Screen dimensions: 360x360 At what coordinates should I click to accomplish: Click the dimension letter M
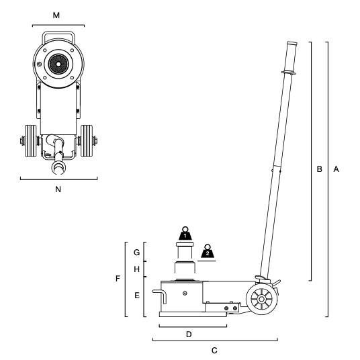56,15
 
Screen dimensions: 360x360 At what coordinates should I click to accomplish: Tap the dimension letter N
58,189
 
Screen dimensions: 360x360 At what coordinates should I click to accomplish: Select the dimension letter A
336,169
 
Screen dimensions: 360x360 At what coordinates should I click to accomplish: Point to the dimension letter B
319,169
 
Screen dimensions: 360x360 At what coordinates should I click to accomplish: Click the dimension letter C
214,351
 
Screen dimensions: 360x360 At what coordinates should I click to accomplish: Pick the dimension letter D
189,334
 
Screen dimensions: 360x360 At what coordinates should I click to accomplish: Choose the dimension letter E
137,296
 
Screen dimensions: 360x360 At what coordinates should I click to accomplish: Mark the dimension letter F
118,279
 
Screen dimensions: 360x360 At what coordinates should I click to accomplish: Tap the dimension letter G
136,253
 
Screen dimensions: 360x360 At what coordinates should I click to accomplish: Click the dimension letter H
136,269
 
